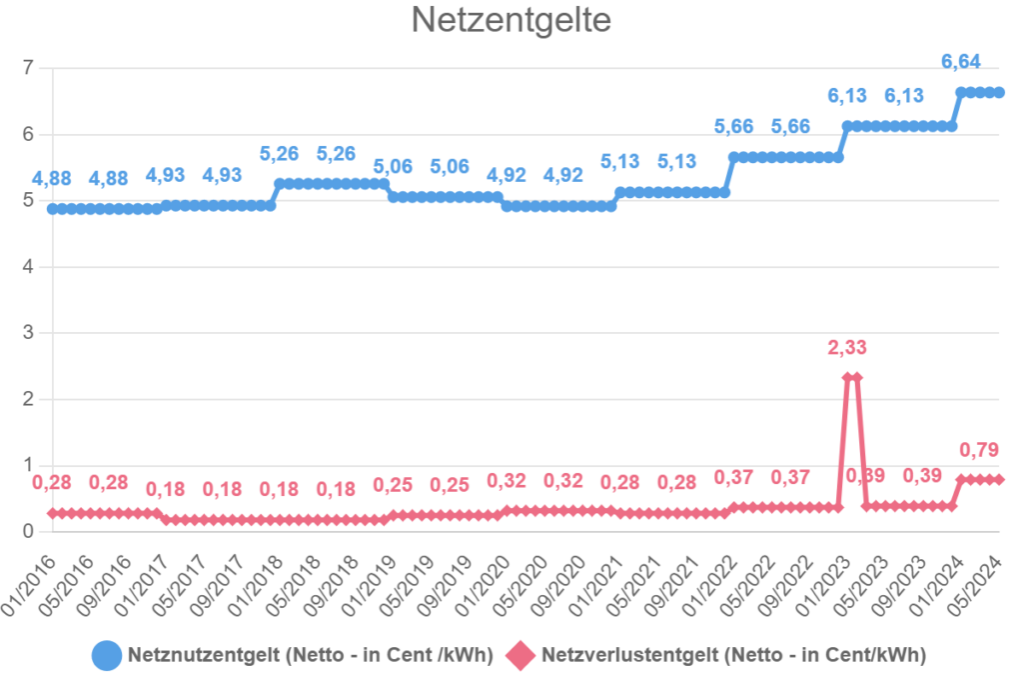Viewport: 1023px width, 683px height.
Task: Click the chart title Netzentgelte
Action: [511, 21]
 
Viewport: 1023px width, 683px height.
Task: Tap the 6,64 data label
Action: [961, 62]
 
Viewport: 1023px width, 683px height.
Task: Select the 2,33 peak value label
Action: [847, 348]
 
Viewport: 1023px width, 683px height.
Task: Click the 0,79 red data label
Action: [979, 449]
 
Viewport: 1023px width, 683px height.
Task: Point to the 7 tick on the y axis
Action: [29, 68]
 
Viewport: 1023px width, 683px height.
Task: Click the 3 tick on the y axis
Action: [29, 333]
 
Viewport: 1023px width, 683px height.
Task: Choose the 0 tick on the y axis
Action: [29, 531]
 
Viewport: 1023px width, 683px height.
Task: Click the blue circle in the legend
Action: [107, 656]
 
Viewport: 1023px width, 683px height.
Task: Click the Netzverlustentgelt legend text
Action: [733, 656]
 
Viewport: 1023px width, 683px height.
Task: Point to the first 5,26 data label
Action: [279, 154]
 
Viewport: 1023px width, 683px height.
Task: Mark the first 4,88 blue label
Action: [51, 179]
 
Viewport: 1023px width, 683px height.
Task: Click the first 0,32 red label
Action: [507, 481]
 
